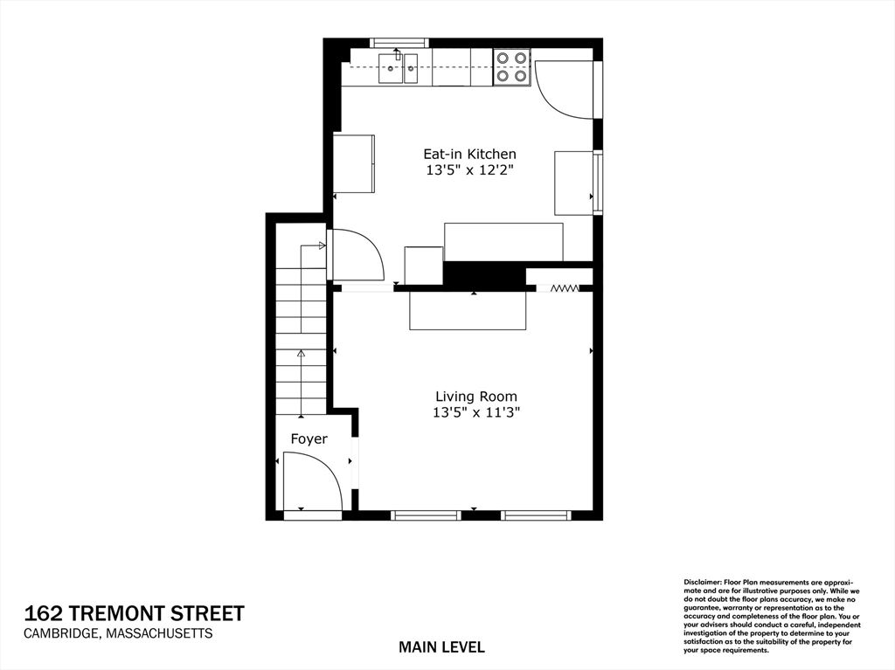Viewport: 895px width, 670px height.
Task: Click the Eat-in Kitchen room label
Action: [x=469, y=154]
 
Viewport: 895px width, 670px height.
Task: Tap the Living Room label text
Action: [x=476, y=397]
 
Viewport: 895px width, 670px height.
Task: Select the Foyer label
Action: [x=309, y=439]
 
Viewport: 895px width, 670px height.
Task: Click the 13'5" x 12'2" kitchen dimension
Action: [x=470, y=170]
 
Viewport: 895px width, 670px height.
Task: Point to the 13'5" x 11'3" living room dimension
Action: [x=476, y=412]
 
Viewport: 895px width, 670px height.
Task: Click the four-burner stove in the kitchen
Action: [x=510, y=66]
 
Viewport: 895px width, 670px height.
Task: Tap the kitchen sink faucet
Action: [x=398, y=53]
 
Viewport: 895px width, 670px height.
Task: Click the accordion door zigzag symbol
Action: [x=565, y=288]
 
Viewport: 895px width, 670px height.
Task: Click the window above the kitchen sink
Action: [x=399, y=43]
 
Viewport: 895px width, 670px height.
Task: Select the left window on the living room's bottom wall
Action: [x=426, y=515]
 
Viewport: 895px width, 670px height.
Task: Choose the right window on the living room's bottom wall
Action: [x=536, y=515]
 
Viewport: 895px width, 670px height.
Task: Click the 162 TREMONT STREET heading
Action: [x=134, y=613]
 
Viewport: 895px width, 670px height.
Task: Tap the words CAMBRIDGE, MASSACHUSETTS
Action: [x=118, y=633]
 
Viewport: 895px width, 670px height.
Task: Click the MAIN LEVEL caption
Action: [x=441, y=647]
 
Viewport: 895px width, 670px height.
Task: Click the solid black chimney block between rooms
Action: [x=484, y=273]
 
